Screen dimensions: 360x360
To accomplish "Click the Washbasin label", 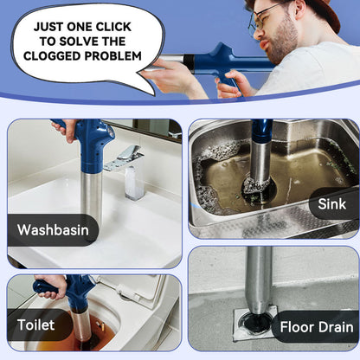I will point(52,230).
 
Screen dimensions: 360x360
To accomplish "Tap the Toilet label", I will point(35,325).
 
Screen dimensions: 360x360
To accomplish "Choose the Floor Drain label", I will point(317,327).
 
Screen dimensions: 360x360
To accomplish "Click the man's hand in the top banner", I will point(172,75).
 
